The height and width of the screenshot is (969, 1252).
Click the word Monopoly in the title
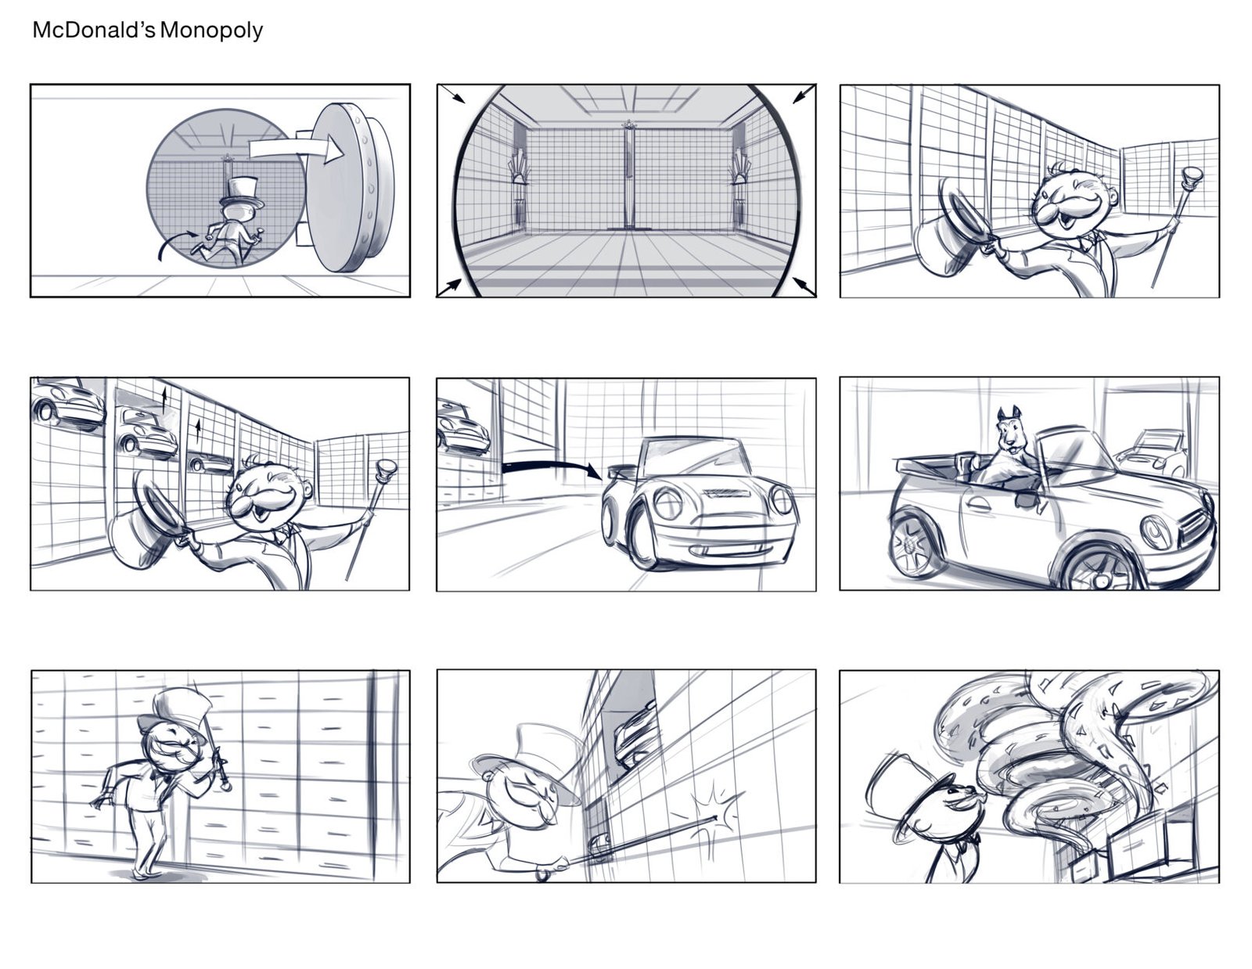point(210,31)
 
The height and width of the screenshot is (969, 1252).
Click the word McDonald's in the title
point(94,30)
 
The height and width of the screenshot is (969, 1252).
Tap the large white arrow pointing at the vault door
point(296,149)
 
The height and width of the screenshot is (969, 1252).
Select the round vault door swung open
point(351,187)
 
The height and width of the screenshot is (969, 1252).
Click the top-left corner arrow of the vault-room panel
point(452,94)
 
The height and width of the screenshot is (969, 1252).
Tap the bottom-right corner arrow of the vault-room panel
point(804,286)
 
